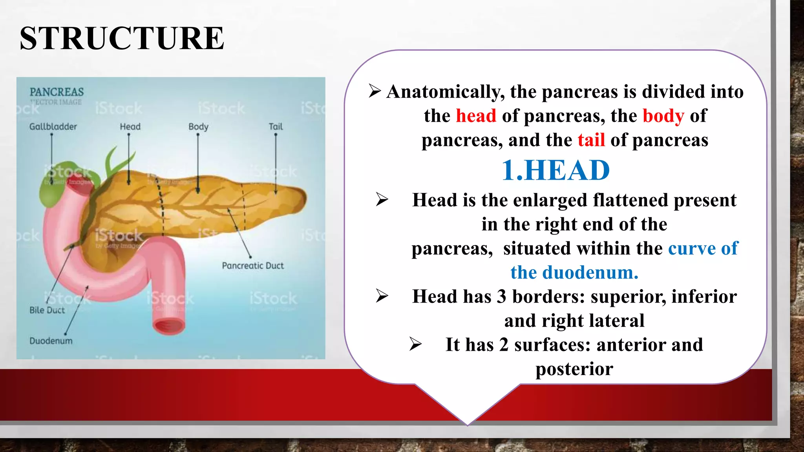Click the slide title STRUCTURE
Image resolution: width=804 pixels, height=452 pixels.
tap(122, 38)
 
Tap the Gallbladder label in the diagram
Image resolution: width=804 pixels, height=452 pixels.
tap(53, 127)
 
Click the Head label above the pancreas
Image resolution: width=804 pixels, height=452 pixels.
tap(130, 127)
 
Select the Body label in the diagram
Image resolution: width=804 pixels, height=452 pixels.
tap(198, 127)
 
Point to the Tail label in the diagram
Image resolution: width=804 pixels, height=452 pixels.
tap(276, 127)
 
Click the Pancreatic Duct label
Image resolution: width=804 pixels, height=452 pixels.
tap(252, 266)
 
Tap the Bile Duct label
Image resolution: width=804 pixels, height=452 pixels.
tap(47, 310)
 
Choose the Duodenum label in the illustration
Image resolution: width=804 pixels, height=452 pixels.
tap(51, 341)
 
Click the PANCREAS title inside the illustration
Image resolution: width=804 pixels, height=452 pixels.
tap(57, 92)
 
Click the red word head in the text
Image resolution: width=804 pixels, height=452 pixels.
tap(476, 116)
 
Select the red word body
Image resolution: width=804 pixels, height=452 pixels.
tap(663, 116)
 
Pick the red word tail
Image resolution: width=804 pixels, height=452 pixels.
tap(591, 140)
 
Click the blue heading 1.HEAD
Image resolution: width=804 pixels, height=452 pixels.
tap(555, 170)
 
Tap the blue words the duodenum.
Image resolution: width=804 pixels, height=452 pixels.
tap(574, 272)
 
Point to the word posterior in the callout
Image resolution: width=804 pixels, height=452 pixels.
tap(574, 369)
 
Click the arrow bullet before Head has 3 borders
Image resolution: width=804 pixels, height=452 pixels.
tap(382, 296)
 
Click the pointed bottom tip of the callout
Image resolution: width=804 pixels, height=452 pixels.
tap(467, 424)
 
